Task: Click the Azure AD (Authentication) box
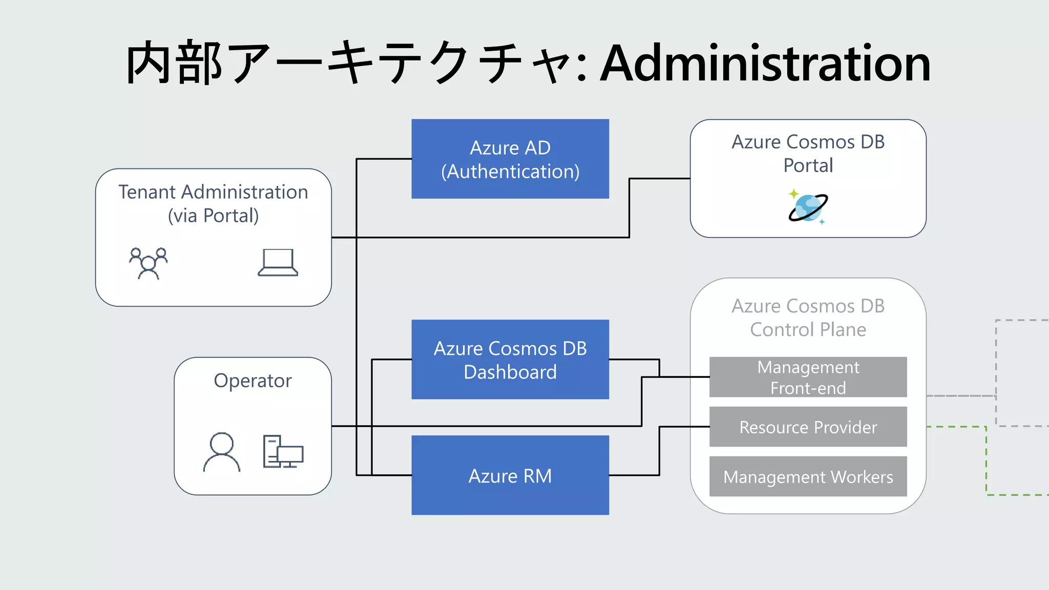tap(510, 159)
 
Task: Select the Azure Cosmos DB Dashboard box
tap(510, 360)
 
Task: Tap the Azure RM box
tap(510, 475)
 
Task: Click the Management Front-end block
tap(808, 377)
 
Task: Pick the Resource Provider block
tap(808, 427)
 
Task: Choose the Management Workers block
tap(808, 476)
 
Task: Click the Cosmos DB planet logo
tap(808, 207)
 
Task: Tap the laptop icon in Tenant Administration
tap(278, 263)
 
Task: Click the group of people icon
tap(148, 263)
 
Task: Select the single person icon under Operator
tap(222, 452)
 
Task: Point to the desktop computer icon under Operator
tap(283, 452)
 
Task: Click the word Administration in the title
tap(765, 64)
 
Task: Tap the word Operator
tap(253, 381)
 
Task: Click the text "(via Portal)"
tap(213, 216)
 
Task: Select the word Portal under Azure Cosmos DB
tap(808, 165)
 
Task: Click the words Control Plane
tap(808, 329)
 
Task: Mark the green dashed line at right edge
tap(986, 461)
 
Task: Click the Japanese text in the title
tap(348, 64)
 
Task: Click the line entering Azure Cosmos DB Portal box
tap(661, 179)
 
